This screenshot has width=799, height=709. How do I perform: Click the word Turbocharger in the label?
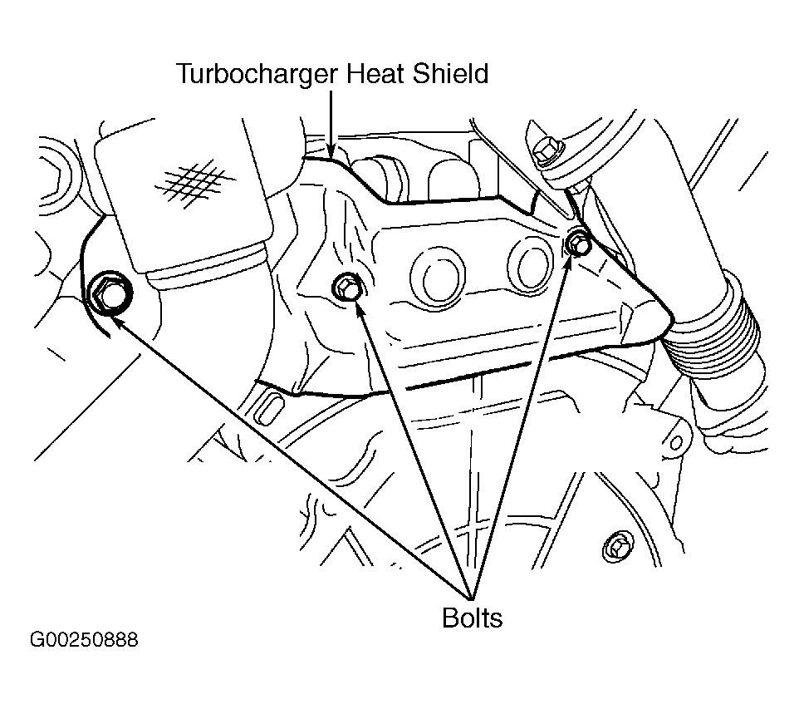[257, 75]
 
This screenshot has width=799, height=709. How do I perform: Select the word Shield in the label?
[450, 73]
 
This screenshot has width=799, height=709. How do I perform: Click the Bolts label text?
[472, 618]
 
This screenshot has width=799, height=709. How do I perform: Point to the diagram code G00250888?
[84, 640]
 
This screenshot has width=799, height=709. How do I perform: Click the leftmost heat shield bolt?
[110, 295]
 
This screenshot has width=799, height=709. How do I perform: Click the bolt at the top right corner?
[547, 151]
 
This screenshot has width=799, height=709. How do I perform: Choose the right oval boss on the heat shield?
[531, 266]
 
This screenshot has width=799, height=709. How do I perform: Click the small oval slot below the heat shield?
[270, 409]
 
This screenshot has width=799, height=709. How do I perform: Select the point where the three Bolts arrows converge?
[472, 597]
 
